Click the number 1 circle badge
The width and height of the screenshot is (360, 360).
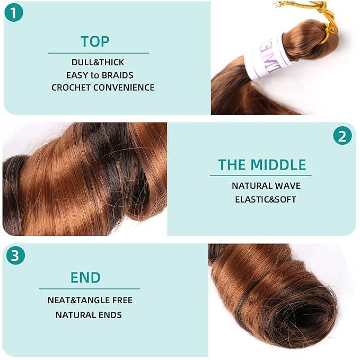[x=14, y=13]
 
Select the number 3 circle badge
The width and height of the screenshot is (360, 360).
[x=15, y=256]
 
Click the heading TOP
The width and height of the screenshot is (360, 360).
[x=95, y=41]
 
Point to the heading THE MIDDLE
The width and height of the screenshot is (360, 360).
[x=262, y=164]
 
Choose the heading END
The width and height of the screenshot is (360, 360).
[x=85, y=277]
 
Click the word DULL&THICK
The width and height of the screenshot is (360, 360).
[x=98, y=62]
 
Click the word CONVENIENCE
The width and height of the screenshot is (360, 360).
[x=124, y=87]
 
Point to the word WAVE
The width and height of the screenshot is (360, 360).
[x=288, y=186]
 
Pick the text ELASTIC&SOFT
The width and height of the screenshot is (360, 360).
[x=266, y=199]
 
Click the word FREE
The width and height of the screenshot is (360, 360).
[x=122, y=300]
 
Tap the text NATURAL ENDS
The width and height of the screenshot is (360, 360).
[x=89, y=315]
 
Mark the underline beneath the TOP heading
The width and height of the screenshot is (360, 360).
[x=99, y=53]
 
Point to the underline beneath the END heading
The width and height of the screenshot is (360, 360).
[x=89, y=289]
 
